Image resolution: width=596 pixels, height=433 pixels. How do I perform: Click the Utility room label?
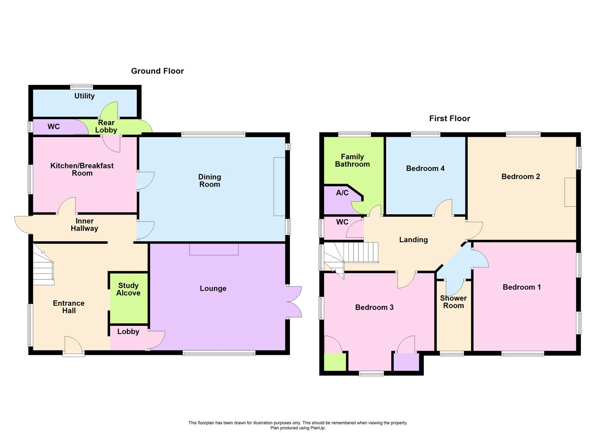[84, 96]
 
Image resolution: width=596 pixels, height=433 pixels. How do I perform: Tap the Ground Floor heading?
[157, 71]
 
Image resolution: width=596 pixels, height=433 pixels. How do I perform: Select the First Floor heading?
[450, 118]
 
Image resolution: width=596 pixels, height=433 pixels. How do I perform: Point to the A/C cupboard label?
[342, 193]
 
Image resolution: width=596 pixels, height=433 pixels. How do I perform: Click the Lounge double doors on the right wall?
[294, 302]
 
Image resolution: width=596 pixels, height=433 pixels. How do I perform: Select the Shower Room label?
[453, 302]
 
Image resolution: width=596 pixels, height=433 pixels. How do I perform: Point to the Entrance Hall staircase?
[43, 266]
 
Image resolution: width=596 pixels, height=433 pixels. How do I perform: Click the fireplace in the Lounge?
[214, 249]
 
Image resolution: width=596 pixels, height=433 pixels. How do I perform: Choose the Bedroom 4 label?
[425, 168]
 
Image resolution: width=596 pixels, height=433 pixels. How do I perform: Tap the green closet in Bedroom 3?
[335, 362]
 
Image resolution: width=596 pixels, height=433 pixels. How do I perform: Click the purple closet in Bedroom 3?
[406, 362]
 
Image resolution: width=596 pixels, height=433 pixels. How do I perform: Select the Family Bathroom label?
[352, 160]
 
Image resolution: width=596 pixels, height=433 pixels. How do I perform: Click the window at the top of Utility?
[81, 87]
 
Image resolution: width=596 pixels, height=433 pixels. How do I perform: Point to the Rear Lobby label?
[106, 126]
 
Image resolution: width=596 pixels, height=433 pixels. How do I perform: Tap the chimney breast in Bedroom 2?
[570, 192]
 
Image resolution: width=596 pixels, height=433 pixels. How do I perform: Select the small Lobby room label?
[128, 332]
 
